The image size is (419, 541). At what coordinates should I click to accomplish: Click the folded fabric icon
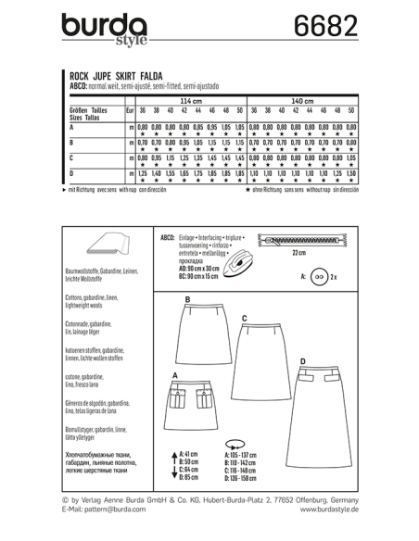tap(110, 245)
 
